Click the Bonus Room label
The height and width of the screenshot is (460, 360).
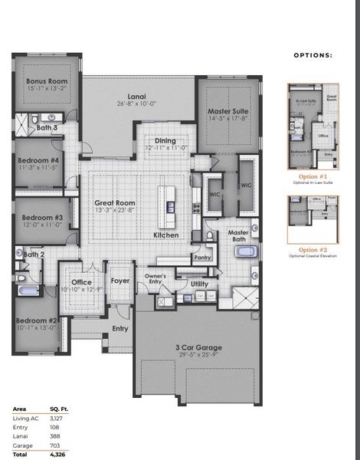pos(45,80)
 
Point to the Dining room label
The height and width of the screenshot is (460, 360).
pos(165,141)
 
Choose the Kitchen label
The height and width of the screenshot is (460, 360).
pos(166,235)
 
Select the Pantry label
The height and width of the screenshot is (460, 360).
pos(202,258)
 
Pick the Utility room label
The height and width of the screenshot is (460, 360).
pos(200,284)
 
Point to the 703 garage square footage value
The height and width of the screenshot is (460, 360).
pos(54,445)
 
